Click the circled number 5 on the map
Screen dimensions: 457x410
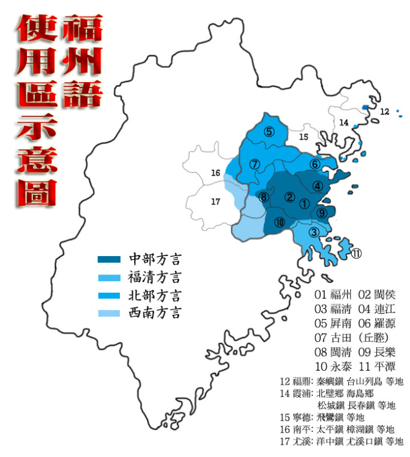[x=268, y=131]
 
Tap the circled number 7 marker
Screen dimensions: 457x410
[x=255, y=164]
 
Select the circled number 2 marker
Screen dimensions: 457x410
[x=290, y=197]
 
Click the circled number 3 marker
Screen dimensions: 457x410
[x=313, y=232]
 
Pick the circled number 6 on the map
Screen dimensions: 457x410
[x=315, y=164]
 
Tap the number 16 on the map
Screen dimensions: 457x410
[x=215, y=173]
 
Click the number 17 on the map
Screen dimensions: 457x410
[x=215, y=202]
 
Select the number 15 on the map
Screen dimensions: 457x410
[x=304, y=137]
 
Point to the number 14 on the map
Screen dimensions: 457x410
[x=344, y=123]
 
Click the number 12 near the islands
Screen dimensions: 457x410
[x=384, y=111]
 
